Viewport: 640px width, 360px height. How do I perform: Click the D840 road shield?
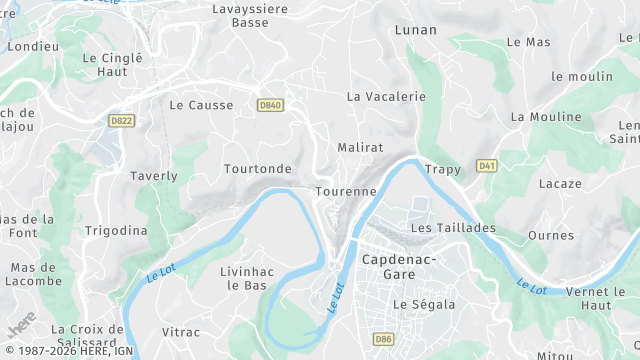coord(270,105)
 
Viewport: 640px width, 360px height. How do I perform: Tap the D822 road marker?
coord(122,120)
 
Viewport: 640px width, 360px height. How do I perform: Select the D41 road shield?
coord(487,166)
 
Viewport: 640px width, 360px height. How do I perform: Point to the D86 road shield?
coord(383,340)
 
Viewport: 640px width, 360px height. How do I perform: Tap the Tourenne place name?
coord(346,191)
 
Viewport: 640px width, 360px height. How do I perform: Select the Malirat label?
coord(361,147)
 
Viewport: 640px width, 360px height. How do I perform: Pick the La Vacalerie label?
coord(386,97)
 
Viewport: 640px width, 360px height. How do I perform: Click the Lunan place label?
coord(416,30)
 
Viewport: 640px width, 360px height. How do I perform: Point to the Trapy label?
coord(442,170)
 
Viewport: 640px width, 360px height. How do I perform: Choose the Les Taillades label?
coord(453,228)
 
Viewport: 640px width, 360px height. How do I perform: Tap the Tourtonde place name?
coord(258,169)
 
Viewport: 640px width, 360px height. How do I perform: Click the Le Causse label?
coord(202,105)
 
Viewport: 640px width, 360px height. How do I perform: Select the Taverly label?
coord(154,176)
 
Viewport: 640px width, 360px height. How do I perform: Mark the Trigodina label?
coord(116,231)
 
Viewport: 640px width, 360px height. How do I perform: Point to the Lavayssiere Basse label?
coord(249,15)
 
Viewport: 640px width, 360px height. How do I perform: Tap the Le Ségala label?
coord(424,304)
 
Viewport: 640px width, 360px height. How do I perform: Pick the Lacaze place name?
coord(560,184)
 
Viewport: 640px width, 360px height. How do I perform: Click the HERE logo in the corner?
coord(21,325)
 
